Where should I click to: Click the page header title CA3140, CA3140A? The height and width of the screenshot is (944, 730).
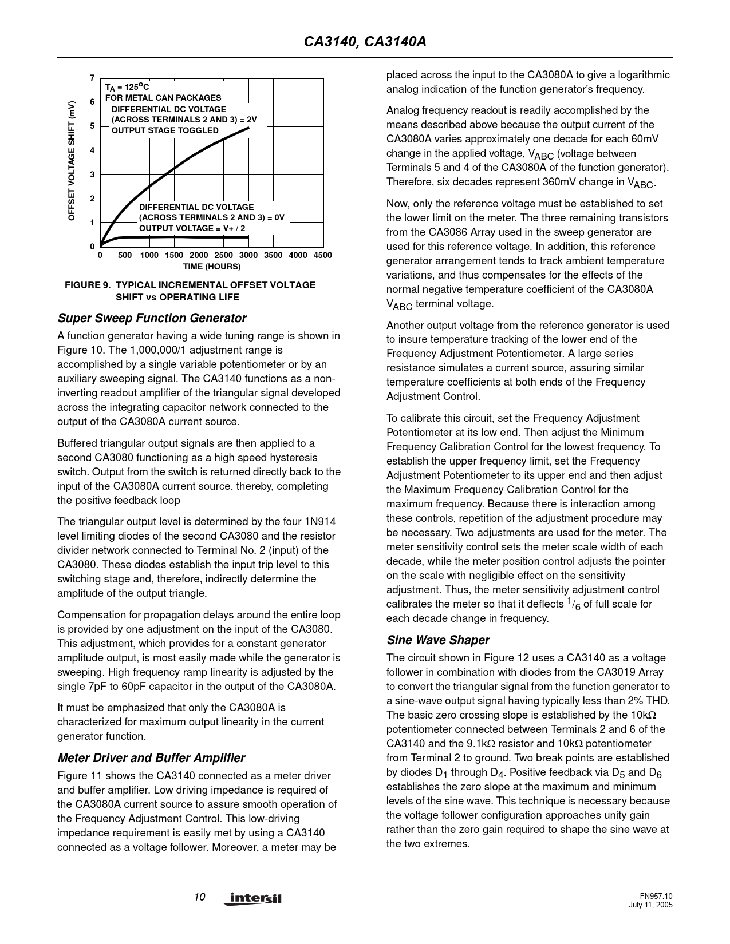coord(365,42)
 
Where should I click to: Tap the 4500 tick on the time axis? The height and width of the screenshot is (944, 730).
coord(323,255)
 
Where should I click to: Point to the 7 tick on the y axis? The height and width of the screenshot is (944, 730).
coord(92,78)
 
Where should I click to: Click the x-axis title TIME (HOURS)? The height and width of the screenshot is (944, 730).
coord(212,267)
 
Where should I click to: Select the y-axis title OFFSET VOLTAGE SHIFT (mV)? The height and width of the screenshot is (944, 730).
coord(72,161)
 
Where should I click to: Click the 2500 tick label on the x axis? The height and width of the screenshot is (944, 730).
coord(223,255)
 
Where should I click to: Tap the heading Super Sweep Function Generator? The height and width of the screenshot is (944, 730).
coord(152,318)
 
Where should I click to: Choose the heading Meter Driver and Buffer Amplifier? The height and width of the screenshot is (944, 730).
coord(151,758)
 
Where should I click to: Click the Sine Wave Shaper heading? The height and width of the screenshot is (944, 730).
coord(438,640)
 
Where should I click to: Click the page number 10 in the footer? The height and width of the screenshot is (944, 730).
coord(199,897)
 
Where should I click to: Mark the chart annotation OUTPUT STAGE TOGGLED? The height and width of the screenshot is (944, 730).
coord(165,130)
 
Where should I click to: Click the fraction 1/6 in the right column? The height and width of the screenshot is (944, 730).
coord(573,604)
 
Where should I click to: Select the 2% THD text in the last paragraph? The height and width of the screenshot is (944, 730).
coord(648,701)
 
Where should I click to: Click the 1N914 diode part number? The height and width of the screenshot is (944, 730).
coord(321,522)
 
